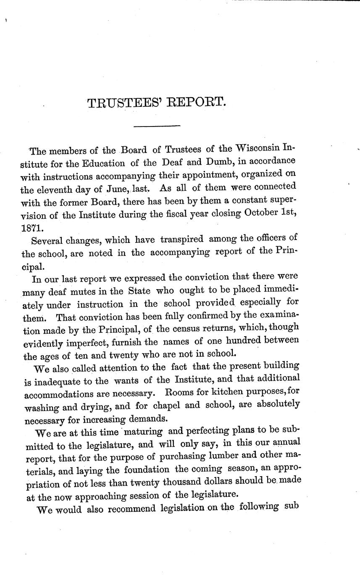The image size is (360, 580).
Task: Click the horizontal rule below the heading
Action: coord(156,126)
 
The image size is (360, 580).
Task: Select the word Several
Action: coord(46,240)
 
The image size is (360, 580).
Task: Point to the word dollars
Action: coord(227,481)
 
